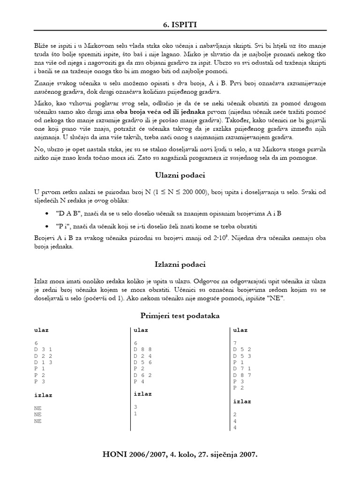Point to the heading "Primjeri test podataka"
click(x=180, y=315)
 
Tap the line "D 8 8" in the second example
click(x=143, y=349)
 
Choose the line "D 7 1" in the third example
click(x=242, y=369)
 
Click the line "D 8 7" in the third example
click(x=242, y=375)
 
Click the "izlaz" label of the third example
click(x=242, y=401)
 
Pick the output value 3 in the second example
click(x=136, y=407)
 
